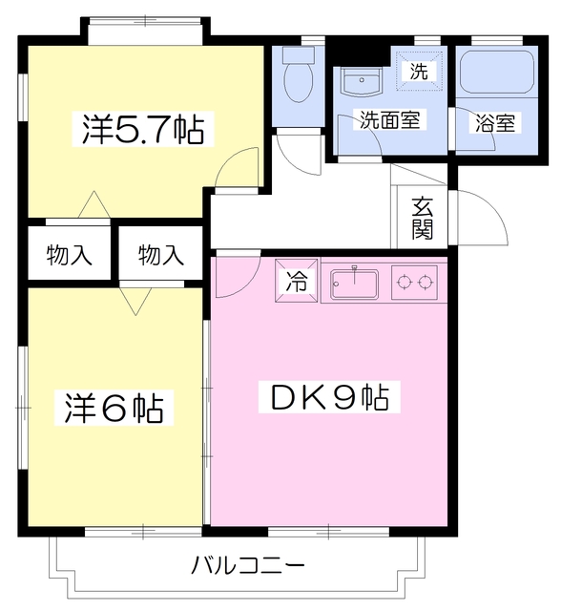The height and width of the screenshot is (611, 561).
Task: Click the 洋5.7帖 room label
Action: [x=142, y=130]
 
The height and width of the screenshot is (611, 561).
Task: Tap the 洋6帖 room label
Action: [x=114, y=408]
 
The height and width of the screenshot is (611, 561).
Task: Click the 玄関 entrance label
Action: [x=424, y=219]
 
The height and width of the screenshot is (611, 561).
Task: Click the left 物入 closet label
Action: [x=70, y=255]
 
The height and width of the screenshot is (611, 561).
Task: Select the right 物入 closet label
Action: [x=160, y=255]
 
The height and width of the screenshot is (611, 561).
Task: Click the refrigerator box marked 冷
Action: [x=298, y=282]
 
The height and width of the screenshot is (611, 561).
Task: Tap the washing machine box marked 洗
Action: [x=418, y=70]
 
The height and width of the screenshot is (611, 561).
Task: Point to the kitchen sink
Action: [x=355, y=283]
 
